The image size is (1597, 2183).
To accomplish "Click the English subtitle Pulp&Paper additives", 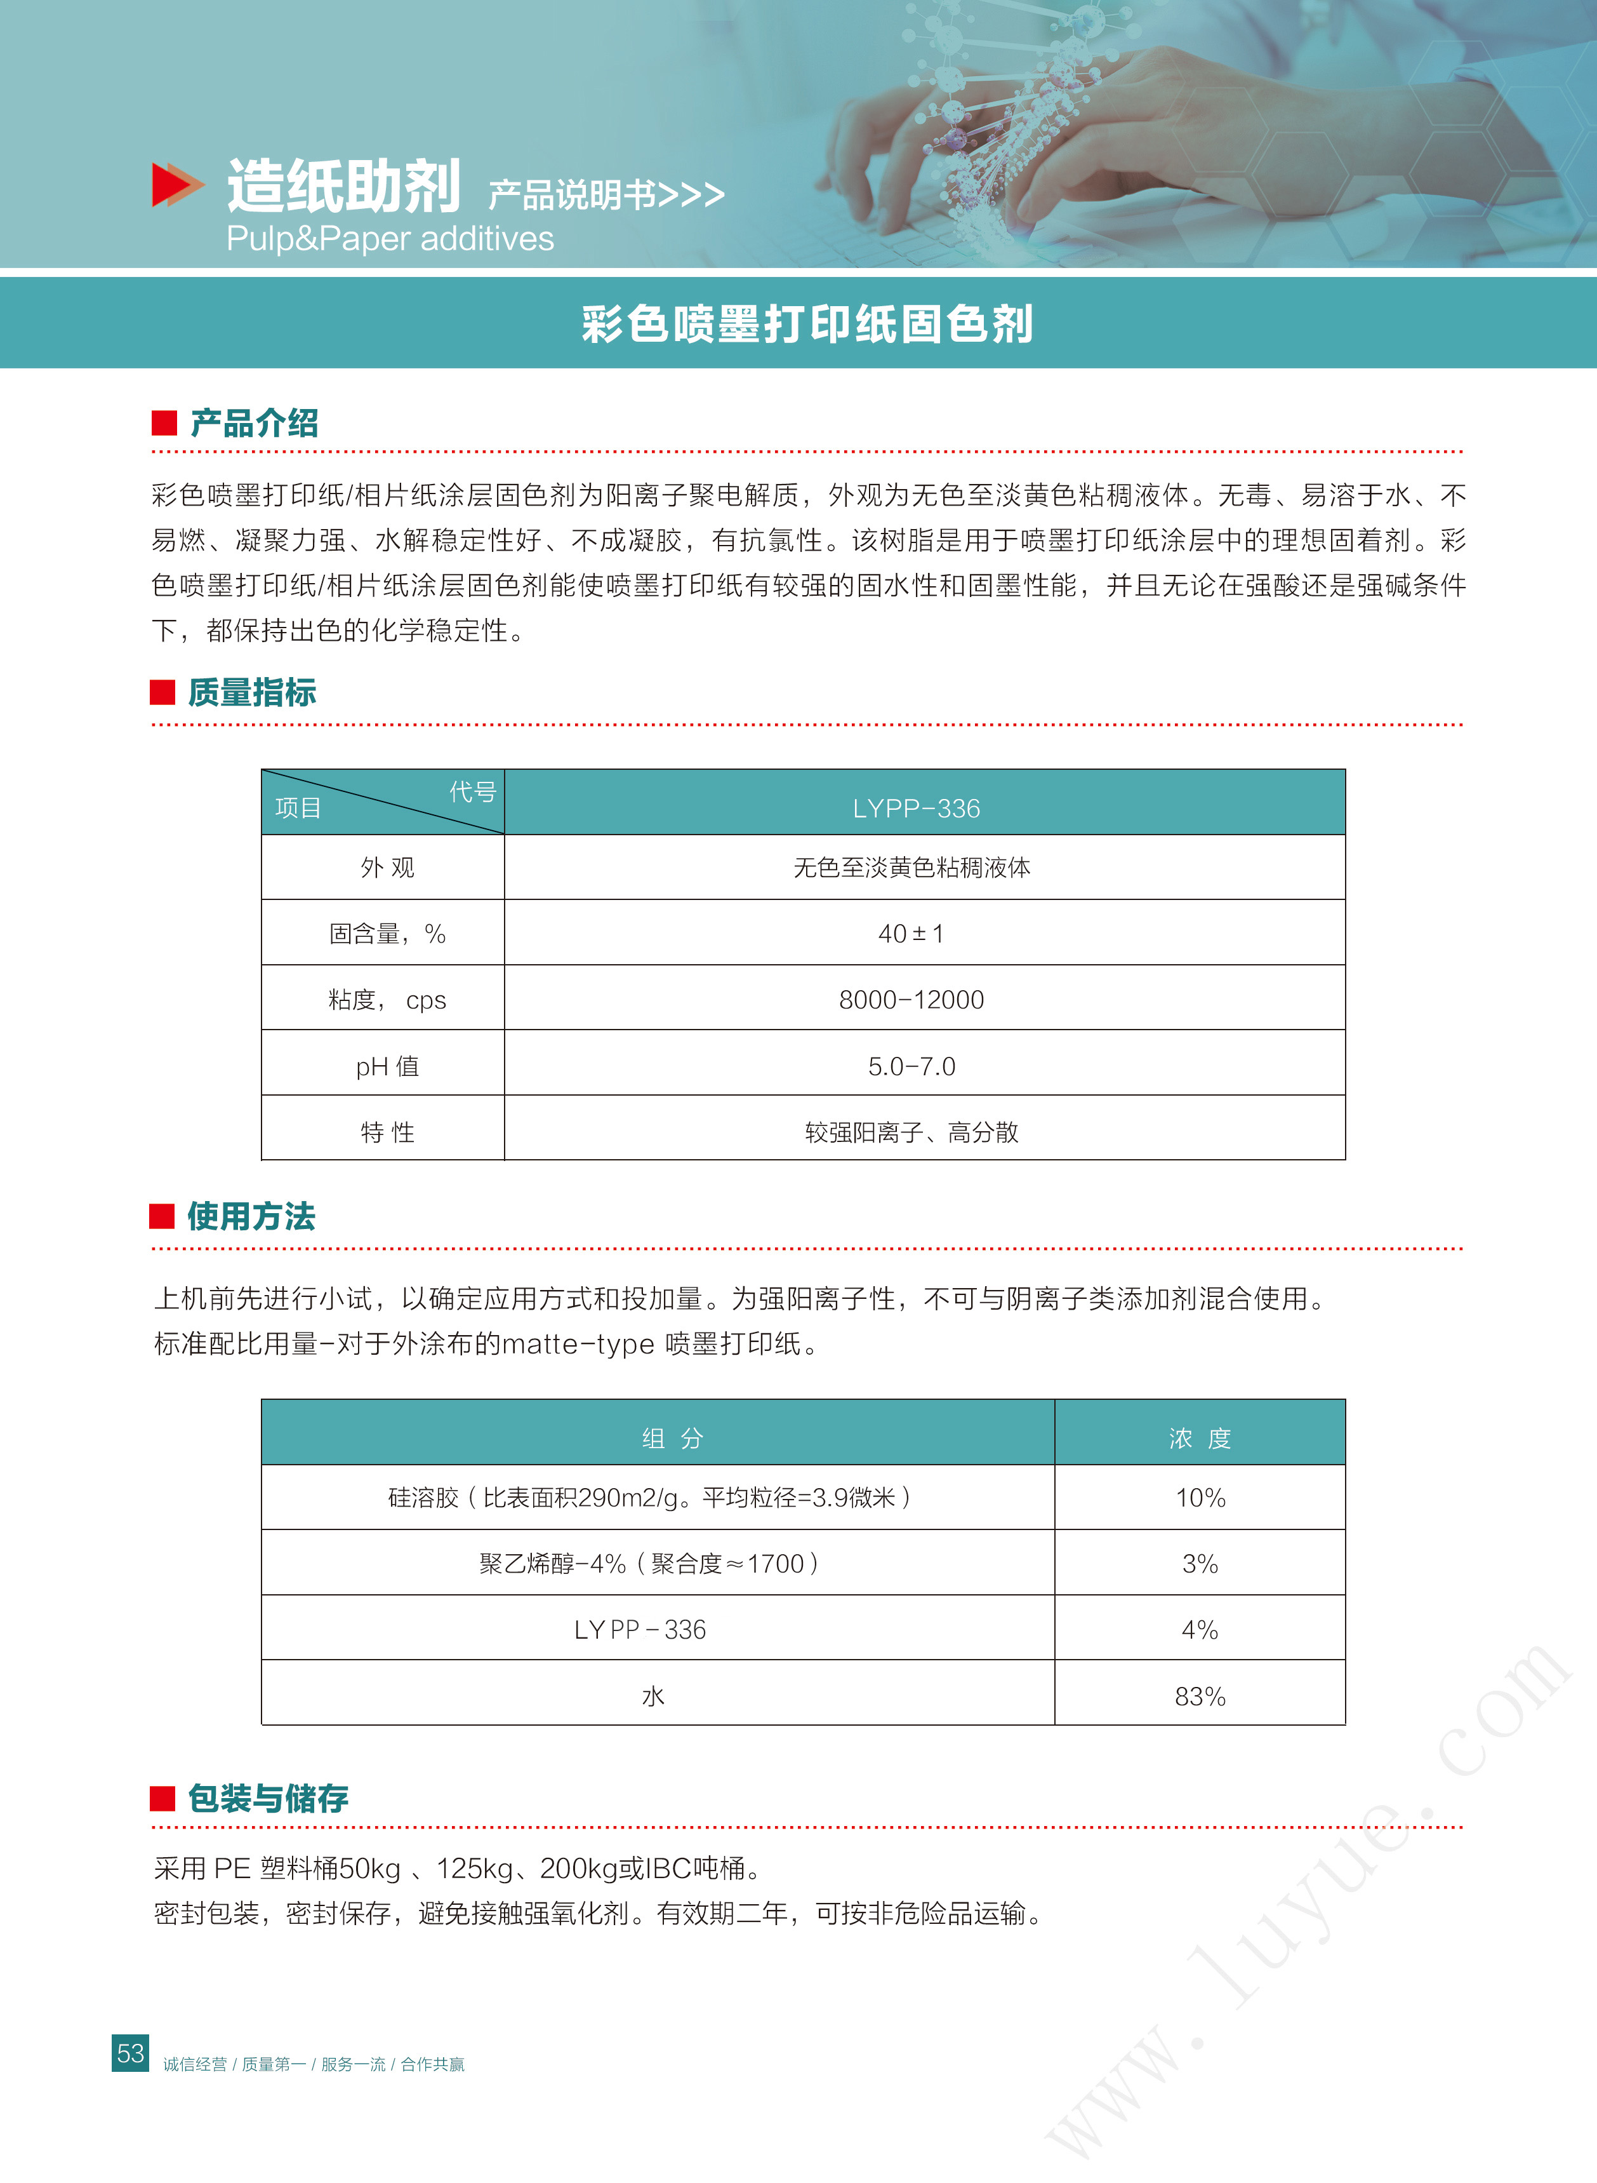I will point(390,239).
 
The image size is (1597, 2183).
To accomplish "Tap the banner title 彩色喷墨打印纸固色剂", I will point(807,324).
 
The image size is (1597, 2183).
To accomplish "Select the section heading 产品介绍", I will point(253,422).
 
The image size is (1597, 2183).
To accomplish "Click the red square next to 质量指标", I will point(162,692).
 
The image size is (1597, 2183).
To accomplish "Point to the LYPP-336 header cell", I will point(915,808).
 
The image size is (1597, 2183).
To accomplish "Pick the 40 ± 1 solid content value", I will point(911,934).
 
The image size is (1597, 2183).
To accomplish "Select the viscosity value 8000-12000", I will point(911,999).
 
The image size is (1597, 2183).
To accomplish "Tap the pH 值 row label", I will point(387,1066).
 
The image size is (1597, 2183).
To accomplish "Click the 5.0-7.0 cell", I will point(911,1066).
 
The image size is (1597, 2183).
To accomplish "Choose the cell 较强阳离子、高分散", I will point(911,1132).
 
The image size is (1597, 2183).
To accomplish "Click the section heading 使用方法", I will point(250,1216).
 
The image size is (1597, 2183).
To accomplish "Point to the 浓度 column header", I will point(1199,1438).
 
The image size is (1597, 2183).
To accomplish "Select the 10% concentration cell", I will point(1200,1497).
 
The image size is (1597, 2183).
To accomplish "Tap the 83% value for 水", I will point(1200,1695).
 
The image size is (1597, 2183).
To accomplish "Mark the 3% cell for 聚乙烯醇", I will point(1200,1563).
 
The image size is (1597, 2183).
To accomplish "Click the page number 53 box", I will point(131,2052).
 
